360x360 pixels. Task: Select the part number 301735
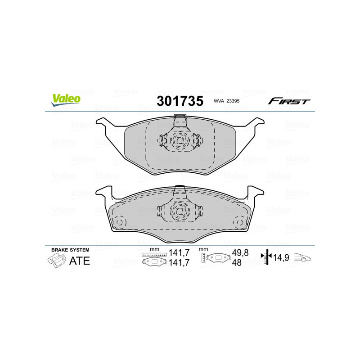[180, 101]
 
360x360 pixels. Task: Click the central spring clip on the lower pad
[180, 207]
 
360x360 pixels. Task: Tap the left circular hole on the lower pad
[120, 223]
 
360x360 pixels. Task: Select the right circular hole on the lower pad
[241, 223]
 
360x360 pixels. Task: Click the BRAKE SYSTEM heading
[70, 250]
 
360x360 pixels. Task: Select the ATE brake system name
[79, 261]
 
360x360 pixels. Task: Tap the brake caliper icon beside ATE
[55, 260]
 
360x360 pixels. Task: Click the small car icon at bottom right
[303, 258]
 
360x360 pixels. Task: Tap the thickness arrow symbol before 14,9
[267, 257]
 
